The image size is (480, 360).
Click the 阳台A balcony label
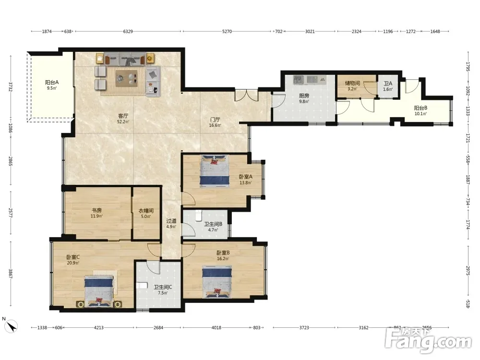[52, 83]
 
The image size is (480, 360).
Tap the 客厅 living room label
[123, 116]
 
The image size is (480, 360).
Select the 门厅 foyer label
[215, 120]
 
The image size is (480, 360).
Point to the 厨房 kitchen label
[304, 96]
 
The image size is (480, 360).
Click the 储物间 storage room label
[352, 83]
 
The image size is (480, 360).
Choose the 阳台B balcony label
[420, 108]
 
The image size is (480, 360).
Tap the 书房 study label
[97, 210]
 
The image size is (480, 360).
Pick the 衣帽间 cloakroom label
[146, 211]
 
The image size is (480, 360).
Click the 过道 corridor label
[171, 221]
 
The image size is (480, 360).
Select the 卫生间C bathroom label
[163, 287]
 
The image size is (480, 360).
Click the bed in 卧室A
[214, 171]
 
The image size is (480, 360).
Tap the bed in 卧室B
[217, 282]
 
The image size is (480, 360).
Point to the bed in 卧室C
[99, 291]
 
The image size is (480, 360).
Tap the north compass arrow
[12, 326]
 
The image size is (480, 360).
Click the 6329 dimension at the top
[128, 31]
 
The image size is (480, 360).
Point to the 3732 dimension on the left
[11, 87]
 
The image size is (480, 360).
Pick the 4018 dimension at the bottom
[216, 327]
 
